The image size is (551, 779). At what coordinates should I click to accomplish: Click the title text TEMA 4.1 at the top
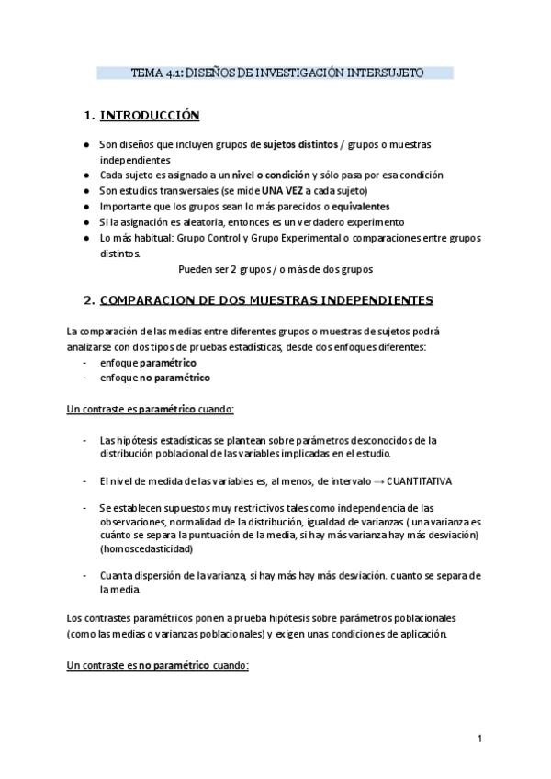(x=157, y=73)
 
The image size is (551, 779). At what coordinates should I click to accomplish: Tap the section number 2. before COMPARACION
(x=88, y=299)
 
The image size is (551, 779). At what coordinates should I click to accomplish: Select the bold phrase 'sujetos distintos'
(x=299, y=145)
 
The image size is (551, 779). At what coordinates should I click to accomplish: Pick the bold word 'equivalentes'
(x=356, y=207)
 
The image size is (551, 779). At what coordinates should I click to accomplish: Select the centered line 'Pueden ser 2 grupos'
(x=231, y=270)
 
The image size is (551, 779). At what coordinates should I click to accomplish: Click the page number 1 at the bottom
(x=479, y=739)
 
